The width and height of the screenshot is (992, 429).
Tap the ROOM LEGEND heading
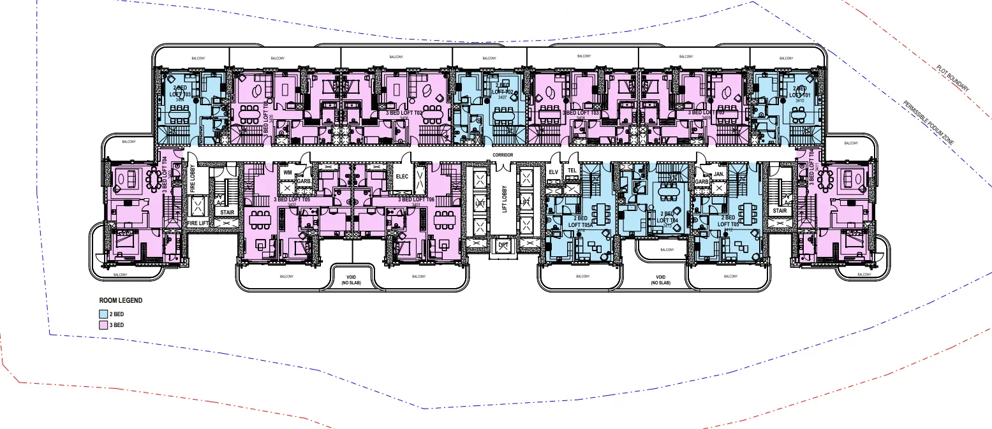[121, 300]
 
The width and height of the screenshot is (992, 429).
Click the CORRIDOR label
[503, 155]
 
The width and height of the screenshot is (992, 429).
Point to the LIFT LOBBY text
[503, 201]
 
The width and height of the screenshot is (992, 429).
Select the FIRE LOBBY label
[193, 178]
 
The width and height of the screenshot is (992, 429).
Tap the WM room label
[288, 172]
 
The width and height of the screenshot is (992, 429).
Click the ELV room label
[553, 171]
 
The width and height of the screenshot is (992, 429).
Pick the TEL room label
[572, 171]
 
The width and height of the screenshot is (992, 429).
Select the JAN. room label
[718, 173]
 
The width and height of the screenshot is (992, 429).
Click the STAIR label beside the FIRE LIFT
[226, 212]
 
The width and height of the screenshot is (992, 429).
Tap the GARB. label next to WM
[304, 181]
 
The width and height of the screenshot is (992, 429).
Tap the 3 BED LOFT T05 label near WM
[292, 200]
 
